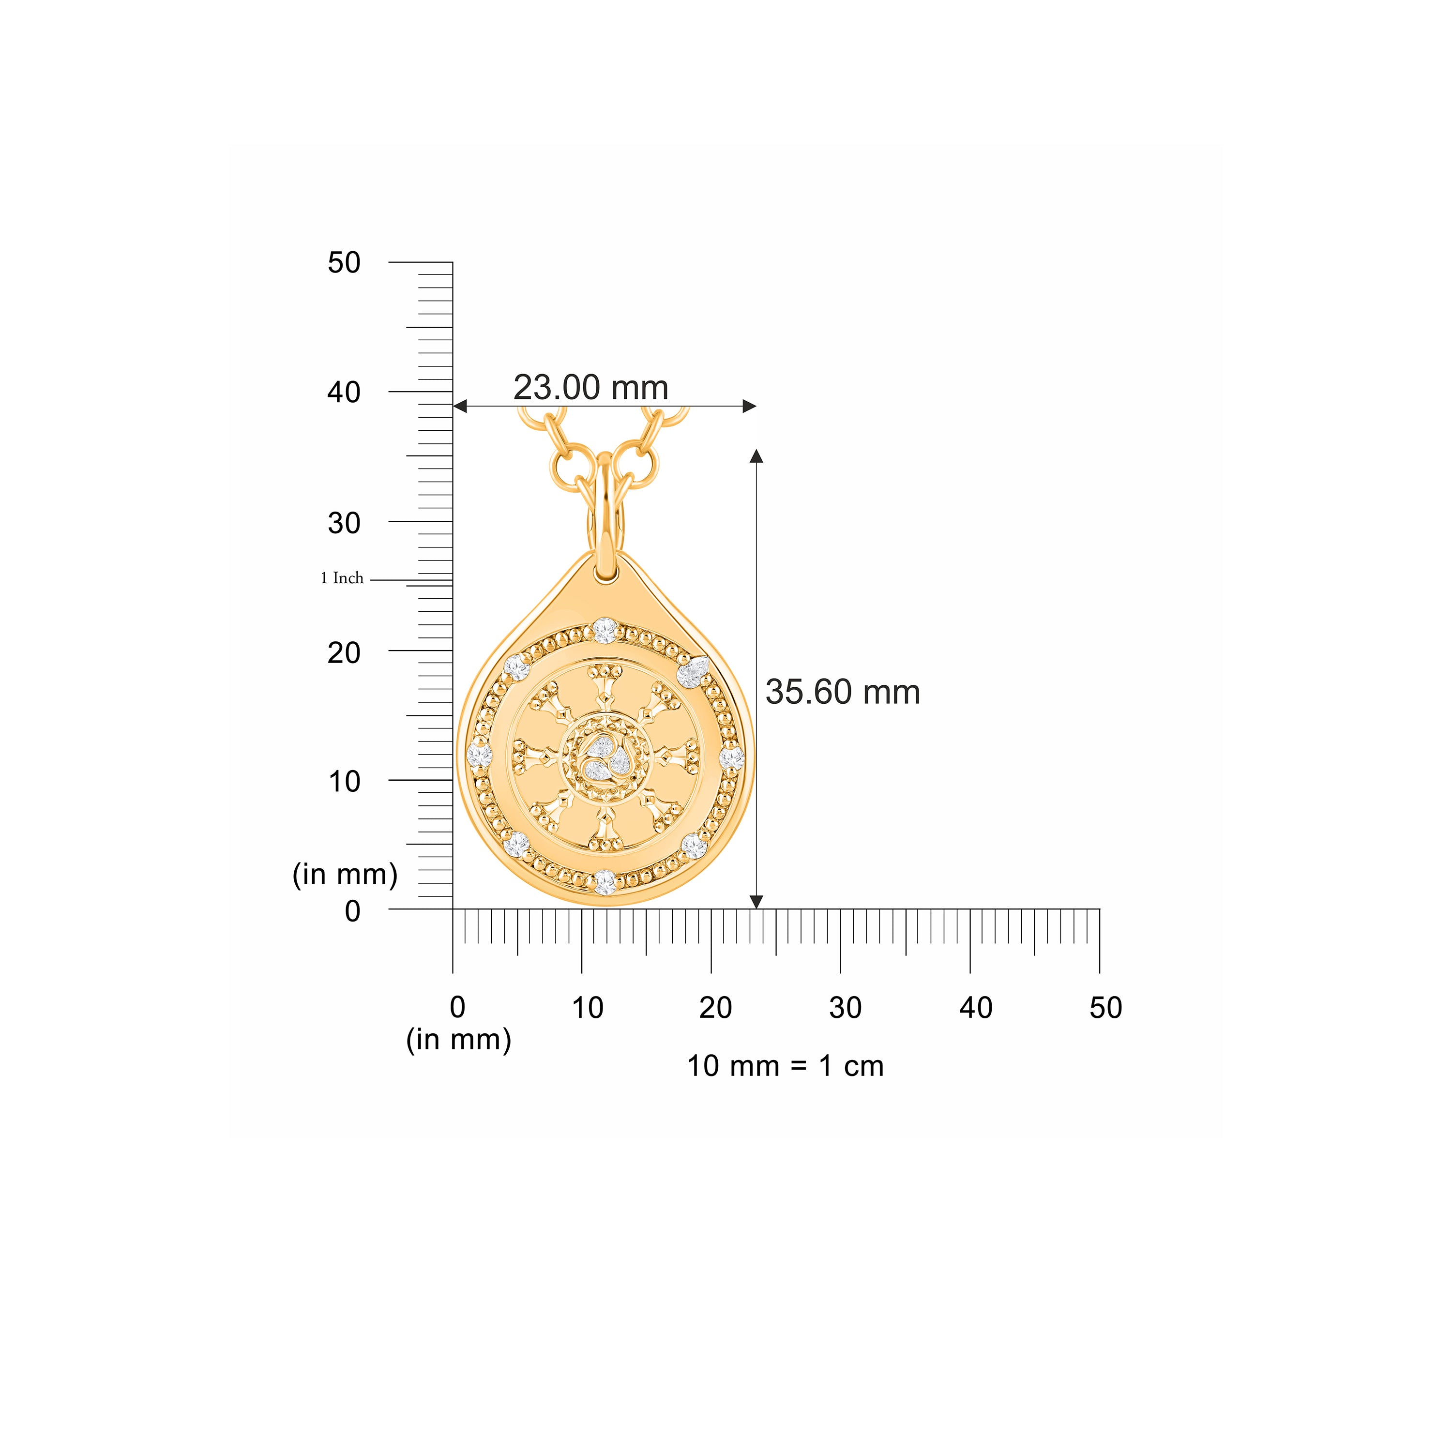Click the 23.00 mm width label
pos(590,388)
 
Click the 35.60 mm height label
pos(843,692)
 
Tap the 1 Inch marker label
pos(342,578)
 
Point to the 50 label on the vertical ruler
pos(344,263)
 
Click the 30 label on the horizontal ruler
pos(846,1008)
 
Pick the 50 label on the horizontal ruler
pos(1105,1008)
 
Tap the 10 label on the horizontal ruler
pos(587,1008)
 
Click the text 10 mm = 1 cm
pos(786,1066)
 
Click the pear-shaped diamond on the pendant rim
pos(692,671)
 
